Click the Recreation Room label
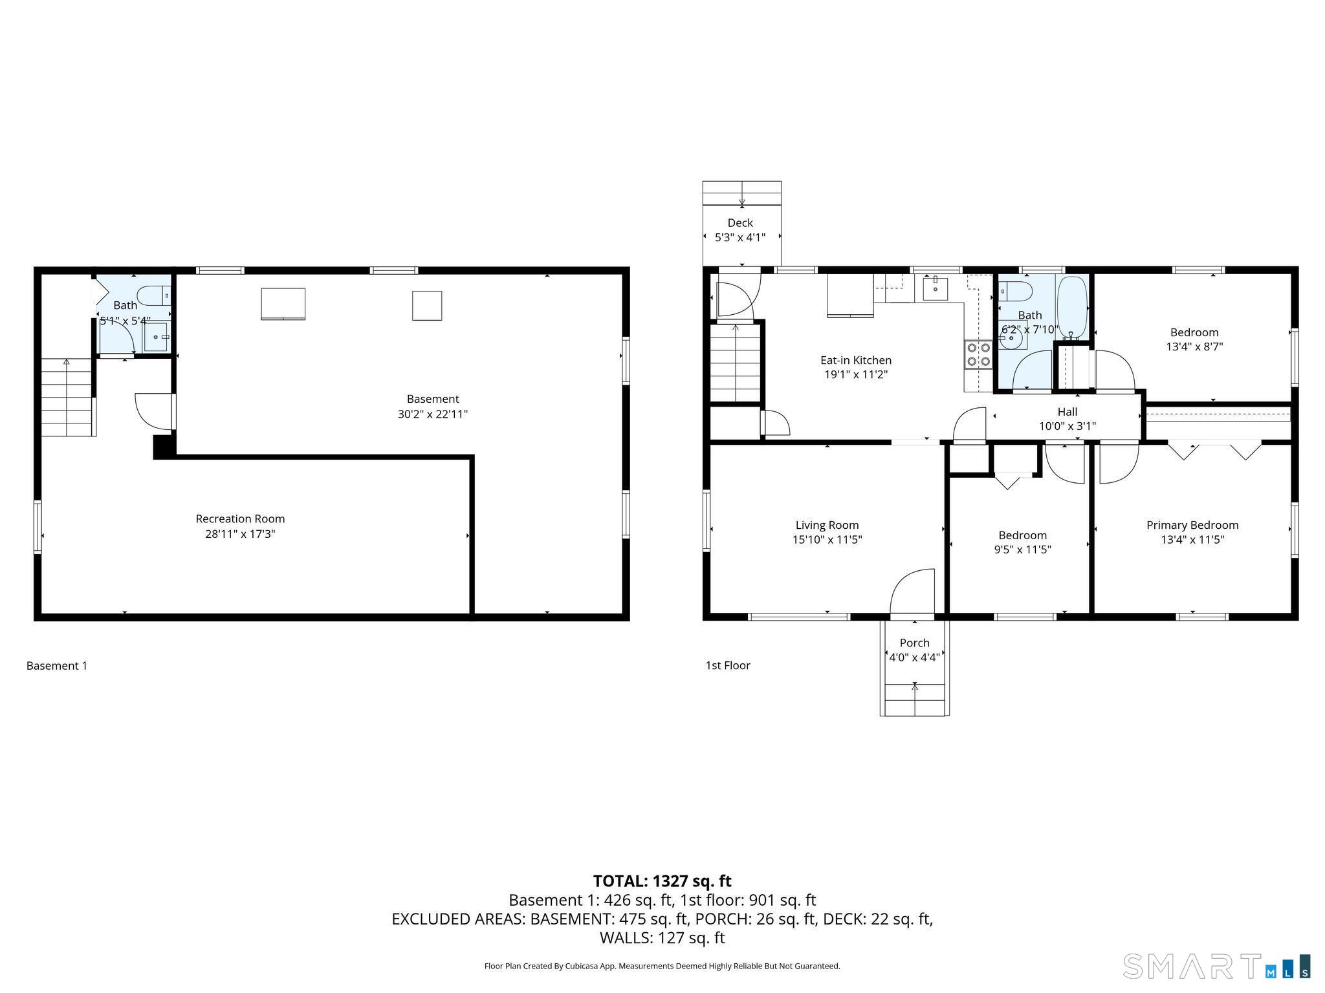[x=240, y=518]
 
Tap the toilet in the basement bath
[x=155, y=295]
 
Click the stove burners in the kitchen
[x=978, y=354]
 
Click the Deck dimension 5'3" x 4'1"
[x=740, y=237]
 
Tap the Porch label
[x=914, y=643]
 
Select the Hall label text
[x=1068, y=412]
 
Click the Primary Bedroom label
[x=1192, y=525]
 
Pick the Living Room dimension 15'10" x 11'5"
[x=827, y=540]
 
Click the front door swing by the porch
[x=912, y=591]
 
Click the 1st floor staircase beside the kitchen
[x=736, y=363]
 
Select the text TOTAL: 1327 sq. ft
[x=662, y=881]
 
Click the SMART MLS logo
[x=1217, y=966]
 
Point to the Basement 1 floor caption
[x=57, y=665]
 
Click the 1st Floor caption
[x=728, y=665]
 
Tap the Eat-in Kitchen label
[x=856, y=360]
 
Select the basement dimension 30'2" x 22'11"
[x=433, y=414]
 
